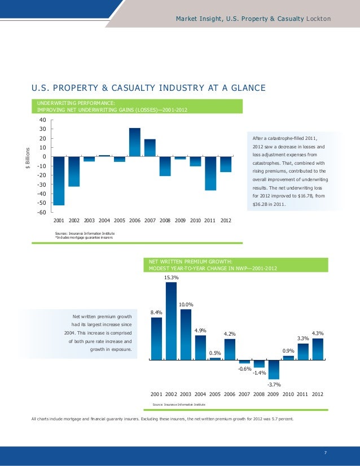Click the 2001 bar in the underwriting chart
[59, 181]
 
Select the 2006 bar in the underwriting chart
[135, 142]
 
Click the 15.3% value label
[172, 278]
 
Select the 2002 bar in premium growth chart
[172, 320]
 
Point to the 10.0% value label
[186, 305]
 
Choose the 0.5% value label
[215, 353]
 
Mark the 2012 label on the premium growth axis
[318, 394]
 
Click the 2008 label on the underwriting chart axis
[165, 220]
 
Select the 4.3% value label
[318, 333]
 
